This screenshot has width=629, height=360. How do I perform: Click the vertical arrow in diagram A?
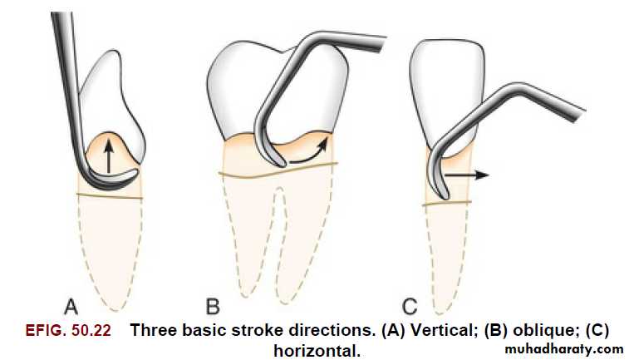(x=109, y=157)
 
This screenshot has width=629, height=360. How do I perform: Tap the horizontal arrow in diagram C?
(x=466, y=175)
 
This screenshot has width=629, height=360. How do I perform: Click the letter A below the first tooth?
(x=71, y=307)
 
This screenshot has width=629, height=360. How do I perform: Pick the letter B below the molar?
(x=213, y=307)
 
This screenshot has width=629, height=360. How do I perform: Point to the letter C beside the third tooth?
(x=410, y=307)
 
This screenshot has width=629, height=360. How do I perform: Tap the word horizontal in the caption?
(x=317, y=351)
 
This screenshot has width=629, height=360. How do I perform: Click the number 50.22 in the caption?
(x=91, y=330)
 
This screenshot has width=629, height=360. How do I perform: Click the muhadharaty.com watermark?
(x=564, y=349)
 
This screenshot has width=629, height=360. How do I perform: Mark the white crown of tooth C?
(x=447, y=92)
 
